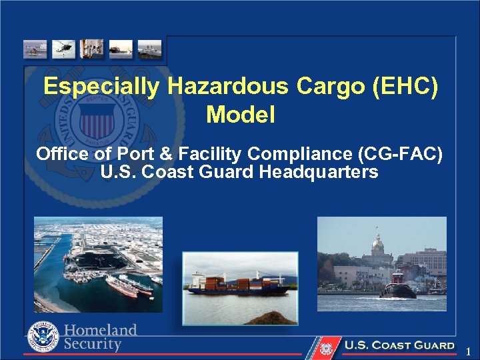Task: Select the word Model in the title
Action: (x=240, y=115)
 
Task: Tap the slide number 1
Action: (x=469, y=351)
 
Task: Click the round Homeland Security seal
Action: (x=43, y=337)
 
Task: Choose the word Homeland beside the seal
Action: (x=101, y=330)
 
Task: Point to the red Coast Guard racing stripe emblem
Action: (x=325, y=347)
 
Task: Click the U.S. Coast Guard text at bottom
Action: (x=399, y=346)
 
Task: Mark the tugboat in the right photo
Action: (x=397, y=287)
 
